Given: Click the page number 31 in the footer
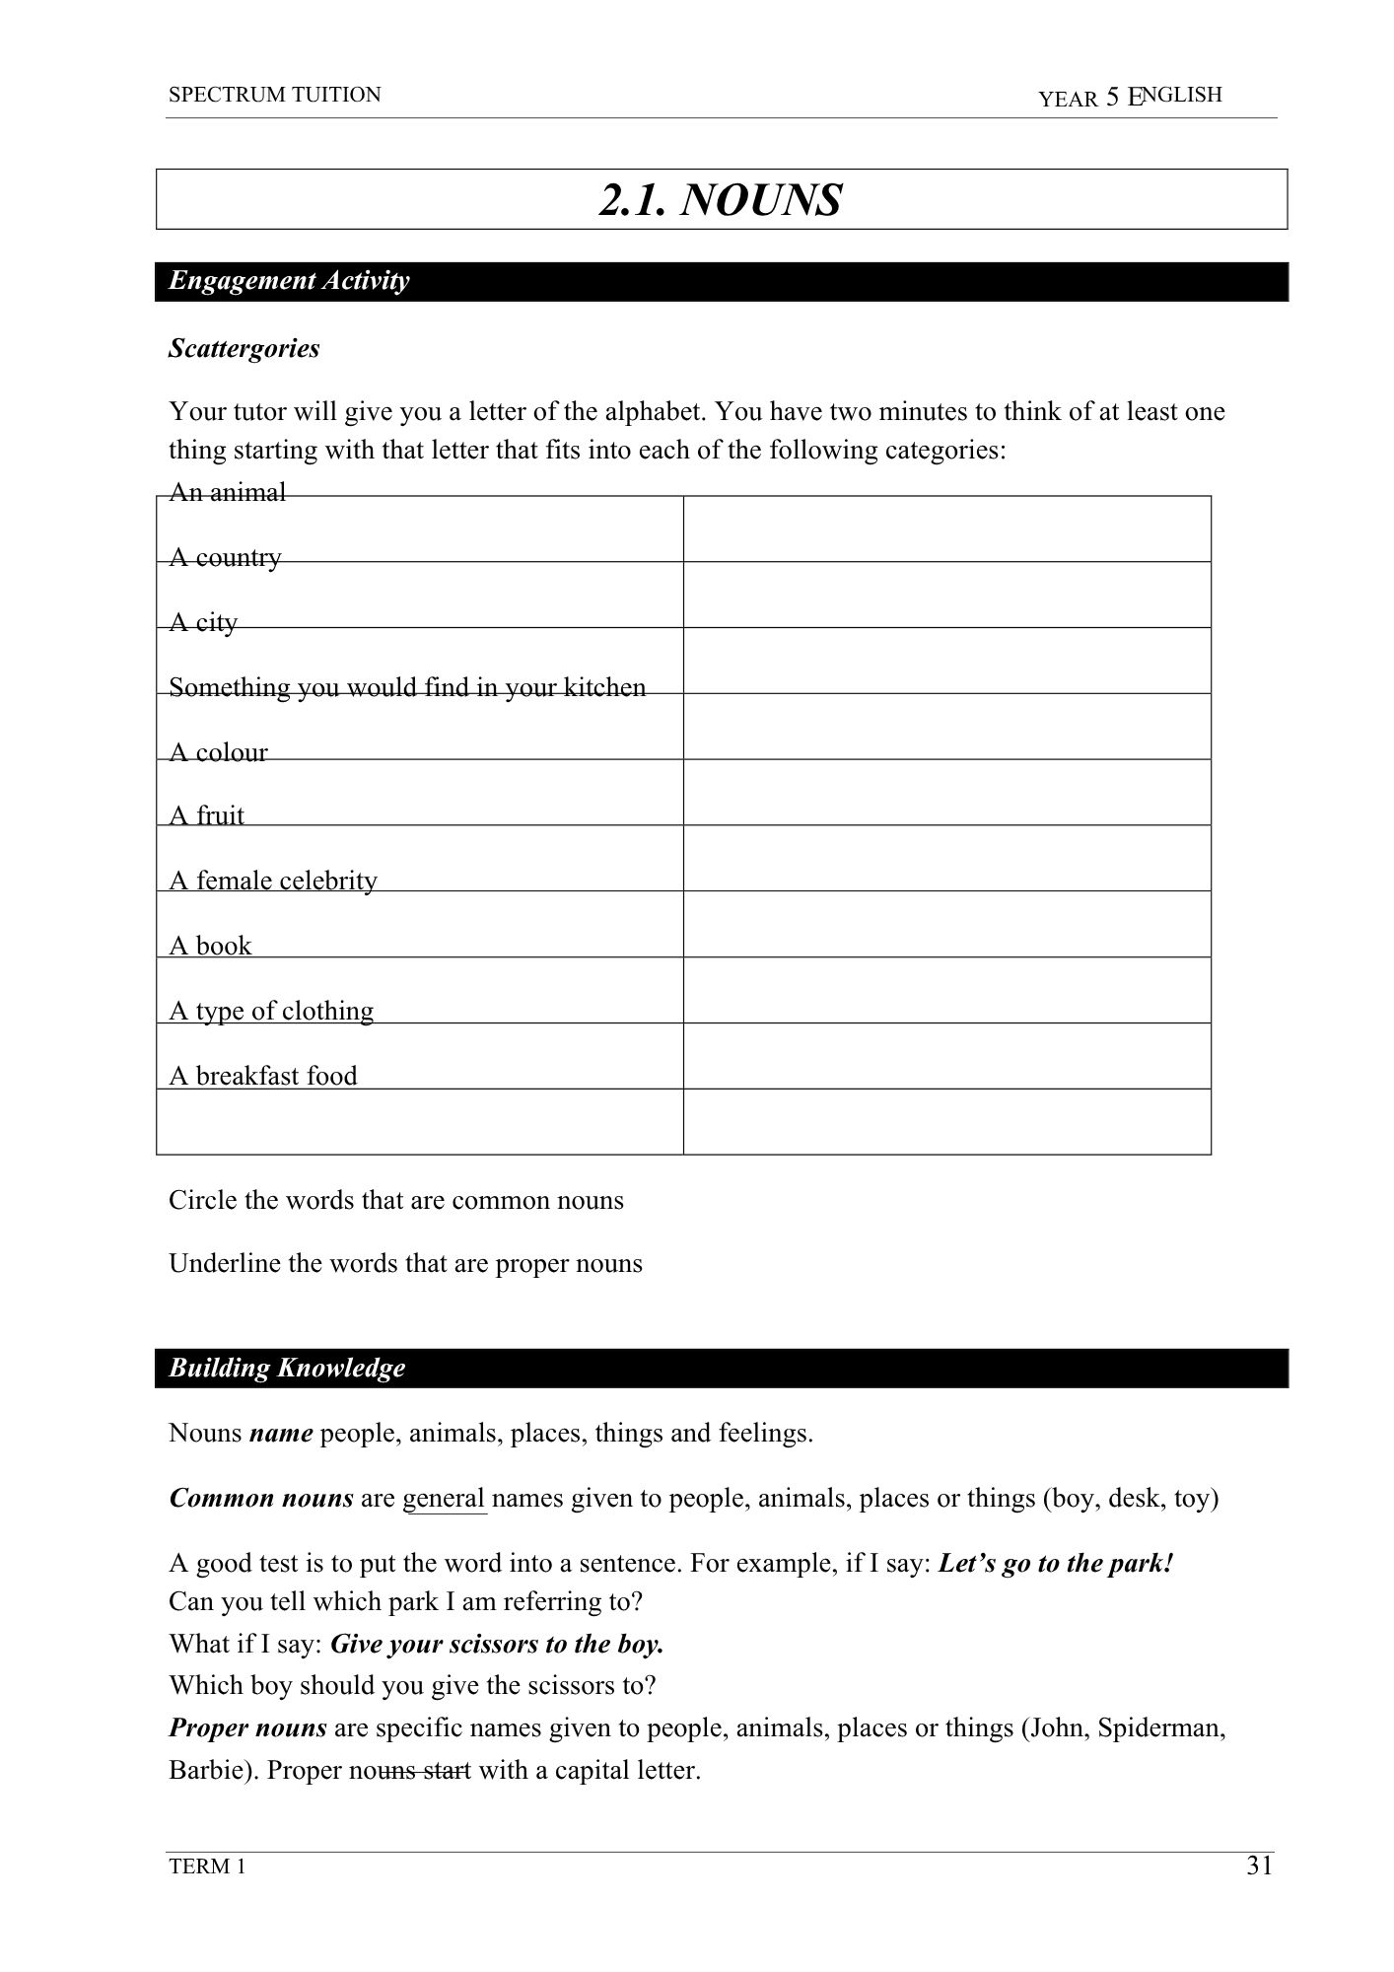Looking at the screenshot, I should coord(1259,1866).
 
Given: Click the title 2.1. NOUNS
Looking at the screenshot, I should coord(721,200).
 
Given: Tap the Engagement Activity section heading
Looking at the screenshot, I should coord(289,281).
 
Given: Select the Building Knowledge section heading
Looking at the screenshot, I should coord(287,1368).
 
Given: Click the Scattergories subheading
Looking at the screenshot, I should coord(244,348).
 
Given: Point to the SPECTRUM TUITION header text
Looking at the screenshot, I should coord(274,95).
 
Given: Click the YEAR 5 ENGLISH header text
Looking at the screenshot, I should coord(1130,97).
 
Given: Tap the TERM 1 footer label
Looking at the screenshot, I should coord(207,1866).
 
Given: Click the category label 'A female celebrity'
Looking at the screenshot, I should coord(273,880).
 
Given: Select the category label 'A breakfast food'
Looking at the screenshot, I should coord(263,1076).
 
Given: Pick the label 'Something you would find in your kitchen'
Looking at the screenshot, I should coord(407,687).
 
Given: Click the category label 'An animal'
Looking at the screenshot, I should coord(228,492).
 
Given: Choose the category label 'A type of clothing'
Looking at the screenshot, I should coord(271,1011).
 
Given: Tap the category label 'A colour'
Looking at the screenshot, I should coord(218,752).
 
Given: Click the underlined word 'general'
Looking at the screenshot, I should coord(445,1499).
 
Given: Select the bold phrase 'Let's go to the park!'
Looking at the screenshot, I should coord(1056,1564).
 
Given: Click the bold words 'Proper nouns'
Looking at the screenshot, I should coord(248,1727).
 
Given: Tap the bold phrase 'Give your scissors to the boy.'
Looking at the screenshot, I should coord(497,1644).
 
